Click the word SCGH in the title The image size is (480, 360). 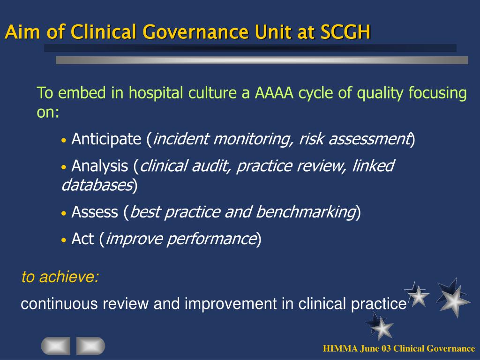coord(345,32)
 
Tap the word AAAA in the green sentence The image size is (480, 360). coord(274,93)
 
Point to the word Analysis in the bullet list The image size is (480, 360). coord(100,166)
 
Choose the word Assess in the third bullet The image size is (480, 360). coord(95,212)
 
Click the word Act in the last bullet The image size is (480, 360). coord(82,239)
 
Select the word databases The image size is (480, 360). coord(97,185)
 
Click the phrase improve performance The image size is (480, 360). coord(181,239)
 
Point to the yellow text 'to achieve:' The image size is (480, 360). coord(60,277)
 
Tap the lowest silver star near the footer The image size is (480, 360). coord(380,326)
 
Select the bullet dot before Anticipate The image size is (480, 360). coord(64,140)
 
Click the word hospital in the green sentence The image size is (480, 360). coord(157,93)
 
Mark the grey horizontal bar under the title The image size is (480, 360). coord(262,60)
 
